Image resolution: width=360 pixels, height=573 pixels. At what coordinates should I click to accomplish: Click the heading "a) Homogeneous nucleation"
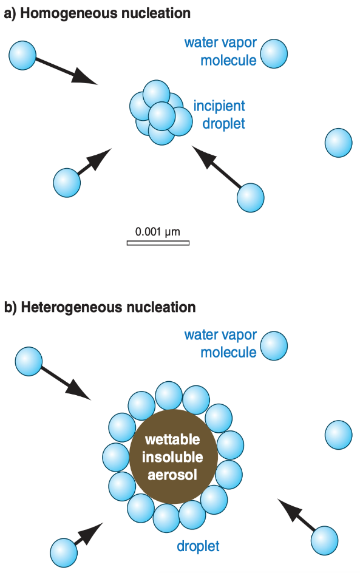pos(97,13)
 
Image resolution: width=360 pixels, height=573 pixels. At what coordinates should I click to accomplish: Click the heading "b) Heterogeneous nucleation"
pos(100,307)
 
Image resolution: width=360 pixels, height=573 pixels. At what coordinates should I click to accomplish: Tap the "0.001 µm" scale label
pos(157,232)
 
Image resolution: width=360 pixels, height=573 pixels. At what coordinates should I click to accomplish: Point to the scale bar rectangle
pos(158,243)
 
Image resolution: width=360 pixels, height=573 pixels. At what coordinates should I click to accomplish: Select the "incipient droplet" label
pos(219,114)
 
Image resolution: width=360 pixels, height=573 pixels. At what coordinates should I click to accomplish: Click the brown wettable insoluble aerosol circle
pos(174,457)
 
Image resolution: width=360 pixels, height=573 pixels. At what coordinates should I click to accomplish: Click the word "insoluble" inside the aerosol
pos(172,457)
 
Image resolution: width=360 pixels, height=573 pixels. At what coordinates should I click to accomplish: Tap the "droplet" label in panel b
pos(198,546)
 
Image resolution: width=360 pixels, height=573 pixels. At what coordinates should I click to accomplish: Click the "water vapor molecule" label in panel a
pos(221,51)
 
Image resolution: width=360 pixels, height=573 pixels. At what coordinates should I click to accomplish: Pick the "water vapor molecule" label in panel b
pos(221,344)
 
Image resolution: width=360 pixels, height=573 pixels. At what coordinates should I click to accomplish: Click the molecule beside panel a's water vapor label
pos(274,53)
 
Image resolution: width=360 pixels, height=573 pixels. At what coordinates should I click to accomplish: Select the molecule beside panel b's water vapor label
pos(274,346)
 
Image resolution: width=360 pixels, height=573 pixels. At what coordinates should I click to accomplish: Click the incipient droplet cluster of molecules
pos(161,112)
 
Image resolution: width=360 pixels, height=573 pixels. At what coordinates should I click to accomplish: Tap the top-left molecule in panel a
pos(22,56)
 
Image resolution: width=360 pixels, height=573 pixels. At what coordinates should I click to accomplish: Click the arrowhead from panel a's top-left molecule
pos(85,76)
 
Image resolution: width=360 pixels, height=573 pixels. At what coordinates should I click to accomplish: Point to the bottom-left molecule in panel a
pos(67,182)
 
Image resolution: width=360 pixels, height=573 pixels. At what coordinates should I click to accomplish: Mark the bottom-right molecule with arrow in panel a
pos(250,198)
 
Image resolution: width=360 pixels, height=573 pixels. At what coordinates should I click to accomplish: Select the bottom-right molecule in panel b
pos(325,540)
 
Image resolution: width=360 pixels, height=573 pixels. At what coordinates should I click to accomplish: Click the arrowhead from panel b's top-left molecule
pos(78,390)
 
